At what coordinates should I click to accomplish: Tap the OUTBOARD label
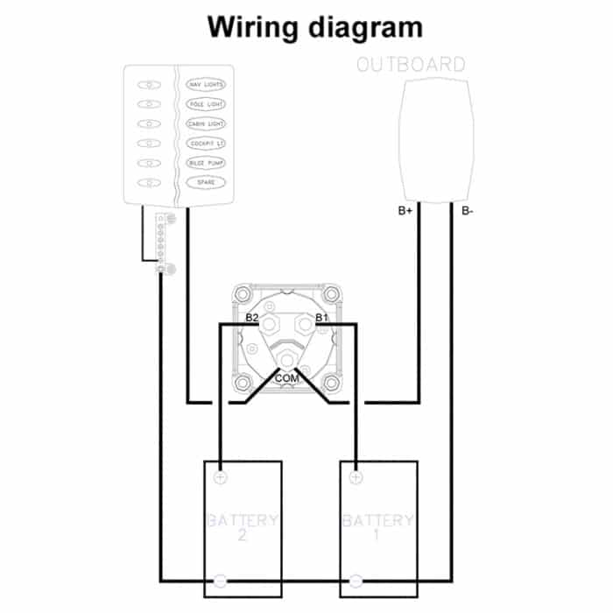point(412,65)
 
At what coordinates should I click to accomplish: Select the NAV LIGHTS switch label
point(206,85)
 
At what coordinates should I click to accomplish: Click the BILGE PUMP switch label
point(206,163)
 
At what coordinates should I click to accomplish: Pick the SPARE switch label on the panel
point(206,182)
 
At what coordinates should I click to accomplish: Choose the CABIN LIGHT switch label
point(206,124)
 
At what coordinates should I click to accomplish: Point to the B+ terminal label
point(406,211)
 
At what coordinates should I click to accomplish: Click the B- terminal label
point(466,211)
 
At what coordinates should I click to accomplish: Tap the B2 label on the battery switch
point(252,316)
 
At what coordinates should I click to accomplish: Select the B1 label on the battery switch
point(321,316)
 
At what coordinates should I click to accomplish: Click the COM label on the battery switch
point(287,377)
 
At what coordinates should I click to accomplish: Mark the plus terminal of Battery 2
point(220,478)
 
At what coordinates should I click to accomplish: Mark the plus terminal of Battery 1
point(355,478)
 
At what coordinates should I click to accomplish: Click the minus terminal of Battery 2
point(220,580)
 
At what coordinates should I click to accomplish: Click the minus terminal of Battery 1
point(355,580)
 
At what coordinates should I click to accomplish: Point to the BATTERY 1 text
point(378,528)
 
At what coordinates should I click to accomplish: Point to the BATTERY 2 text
point(243,528)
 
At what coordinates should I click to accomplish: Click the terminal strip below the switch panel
point(161,243)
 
